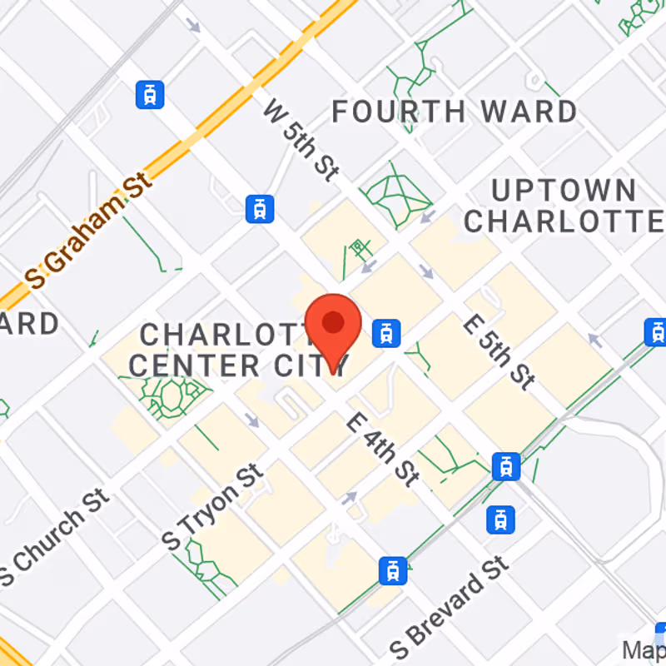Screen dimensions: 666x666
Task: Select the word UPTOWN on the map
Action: pos(563,191)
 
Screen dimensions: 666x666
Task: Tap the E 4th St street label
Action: pos(383,450)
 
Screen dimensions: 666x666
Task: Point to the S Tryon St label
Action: pos(213,507)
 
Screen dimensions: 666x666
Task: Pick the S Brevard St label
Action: pos(450,605)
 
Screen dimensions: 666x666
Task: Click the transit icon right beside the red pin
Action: pos(385,333)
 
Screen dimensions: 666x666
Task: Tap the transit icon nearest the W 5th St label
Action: pos(261,208)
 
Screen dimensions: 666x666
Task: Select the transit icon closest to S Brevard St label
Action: pos(393,571)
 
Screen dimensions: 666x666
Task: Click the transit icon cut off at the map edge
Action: pos(656,331)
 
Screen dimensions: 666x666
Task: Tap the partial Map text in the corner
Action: pos(645,648)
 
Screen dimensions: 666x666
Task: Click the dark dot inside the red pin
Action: pos(333,322)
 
